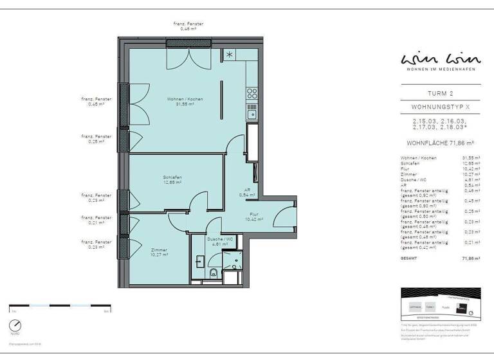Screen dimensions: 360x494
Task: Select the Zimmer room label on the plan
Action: coord(159,252)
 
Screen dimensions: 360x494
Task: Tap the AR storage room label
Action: coord(247,192)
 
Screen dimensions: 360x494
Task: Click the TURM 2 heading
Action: coord(440,93)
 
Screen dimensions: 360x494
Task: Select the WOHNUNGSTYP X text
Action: coord(440,107)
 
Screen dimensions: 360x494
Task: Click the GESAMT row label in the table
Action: coord(408,258)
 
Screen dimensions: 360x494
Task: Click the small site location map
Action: coord(440,303)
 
